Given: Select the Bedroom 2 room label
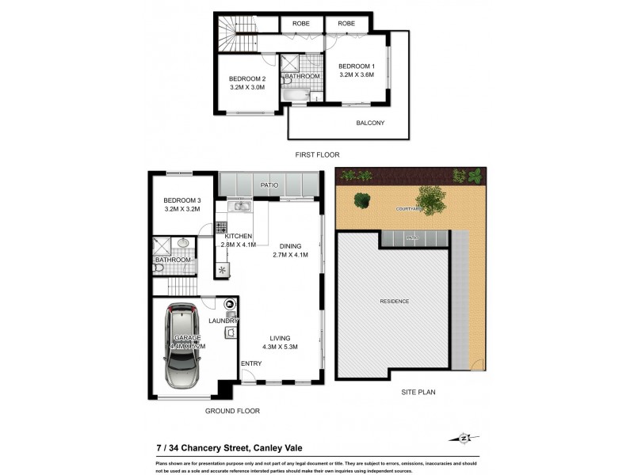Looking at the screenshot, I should tap(246, 78).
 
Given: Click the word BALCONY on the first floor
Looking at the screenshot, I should tap(369, 123).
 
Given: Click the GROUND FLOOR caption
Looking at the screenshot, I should tap(231, 411).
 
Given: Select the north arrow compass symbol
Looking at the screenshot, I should tap(468, 438).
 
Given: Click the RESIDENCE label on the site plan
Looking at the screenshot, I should tap(394, 302).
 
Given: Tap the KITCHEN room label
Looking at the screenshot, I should tap(238, 237).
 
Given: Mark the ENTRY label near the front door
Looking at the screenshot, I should tap(251, 363).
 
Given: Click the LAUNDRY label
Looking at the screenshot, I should tap(223, 321).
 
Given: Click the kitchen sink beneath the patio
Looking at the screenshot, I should tap(239, 207).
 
